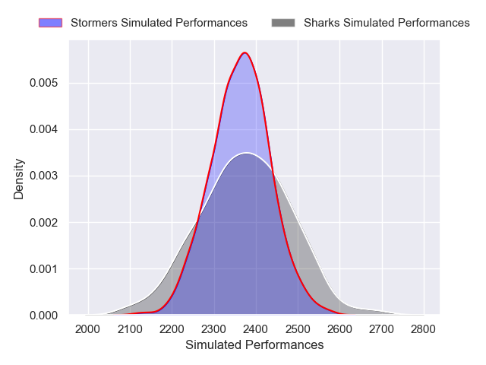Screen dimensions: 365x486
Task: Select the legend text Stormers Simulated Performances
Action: click(x=159, y=23)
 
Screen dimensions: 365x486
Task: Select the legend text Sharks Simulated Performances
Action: click(x=387, y=23)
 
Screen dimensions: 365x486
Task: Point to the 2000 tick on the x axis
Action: click(x=89, y=328)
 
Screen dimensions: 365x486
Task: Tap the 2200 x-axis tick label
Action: click(x=172, y=328)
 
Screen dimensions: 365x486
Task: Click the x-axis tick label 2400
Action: click(x=256, y=328)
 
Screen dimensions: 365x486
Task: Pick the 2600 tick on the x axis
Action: click(x=339, y=328)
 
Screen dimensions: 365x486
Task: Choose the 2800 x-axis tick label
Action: click(x=423, y=328)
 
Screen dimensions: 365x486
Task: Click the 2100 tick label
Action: click(x=131, y=328)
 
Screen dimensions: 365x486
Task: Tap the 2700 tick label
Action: click(x=381, y=328)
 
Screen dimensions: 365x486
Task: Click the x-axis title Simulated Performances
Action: click(x=254, y=345)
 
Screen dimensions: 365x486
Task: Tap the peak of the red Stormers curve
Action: click(x=245, y=52)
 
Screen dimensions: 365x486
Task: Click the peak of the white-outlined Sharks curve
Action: click(x=245, y=153)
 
